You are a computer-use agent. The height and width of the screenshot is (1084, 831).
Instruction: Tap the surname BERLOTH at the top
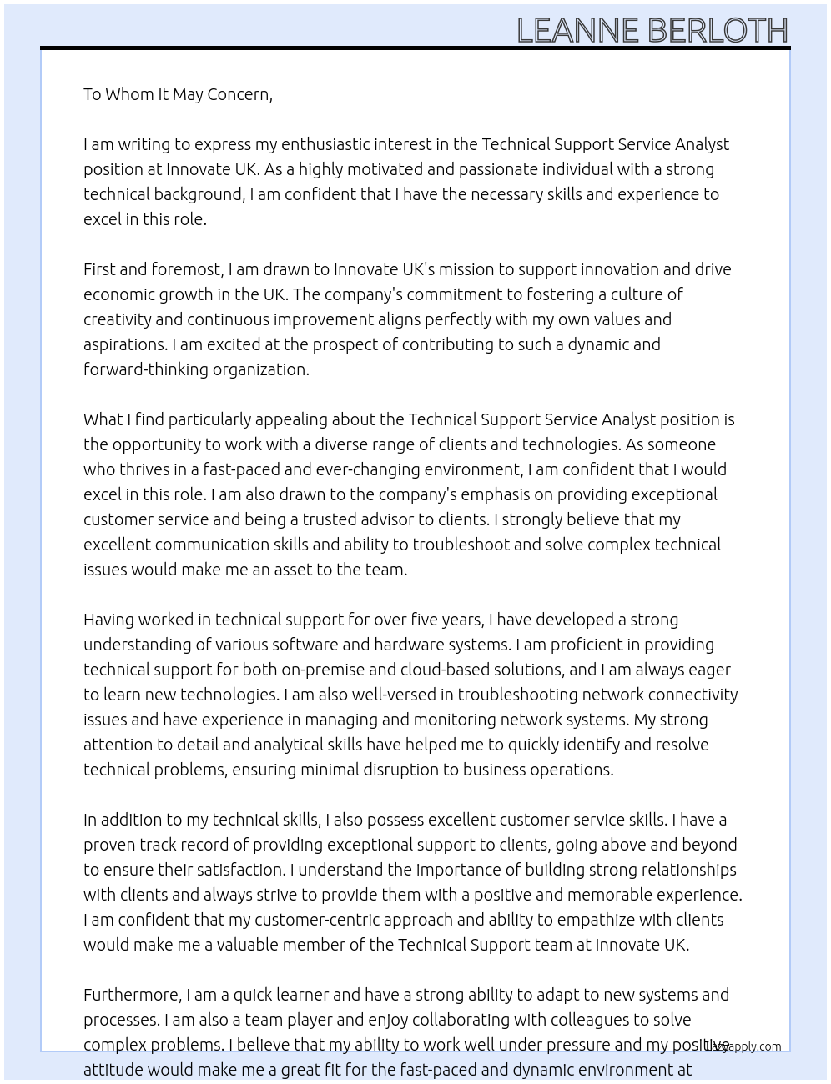tap(717, 31)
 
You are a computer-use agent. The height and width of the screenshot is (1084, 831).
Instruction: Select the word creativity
tap(117, 319)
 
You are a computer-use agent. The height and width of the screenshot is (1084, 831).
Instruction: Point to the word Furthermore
tap(132, 995)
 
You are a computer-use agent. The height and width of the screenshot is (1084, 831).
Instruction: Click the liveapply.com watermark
tap(743, 1046)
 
